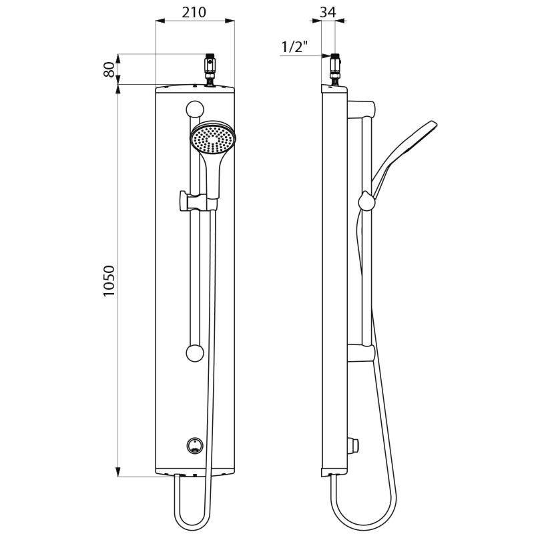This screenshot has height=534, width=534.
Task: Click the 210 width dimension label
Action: tap(194, 12)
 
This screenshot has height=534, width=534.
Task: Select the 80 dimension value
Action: tap(109, 69)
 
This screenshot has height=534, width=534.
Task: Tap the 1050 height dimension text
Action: tap(109, 281)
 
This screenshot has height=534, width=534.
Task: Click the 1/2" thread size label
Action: tap(294, 47)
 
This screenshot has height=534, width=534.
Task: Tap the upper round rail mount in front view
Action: tap(195, 108)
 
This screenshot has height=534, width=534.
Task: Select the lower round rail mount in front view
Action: tap(195, 353)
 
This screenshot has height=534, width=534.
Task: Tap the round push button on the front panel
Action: tap(195, 445)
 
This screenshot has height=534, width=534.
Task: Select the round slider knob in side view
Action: tap(366, 200)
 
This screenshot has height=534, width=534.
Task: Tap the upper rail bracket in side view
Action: tap(364, 106)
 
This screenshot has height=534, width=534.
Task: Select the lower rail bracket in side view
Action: tap(364, 352)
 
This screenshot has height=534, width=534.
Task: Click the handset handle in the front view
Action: tap(214, 176)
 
